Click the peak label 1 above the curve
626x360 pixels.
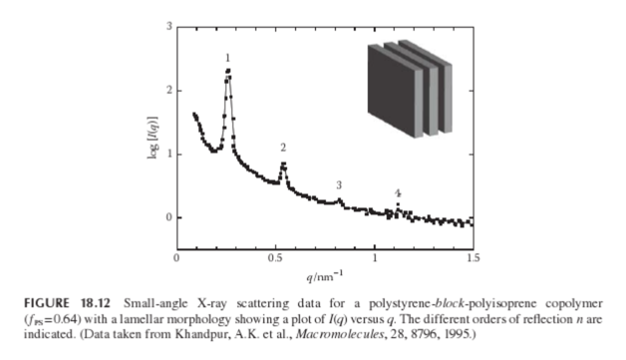pos(227,58)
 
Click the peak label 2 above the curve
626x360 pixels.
pos(283,148)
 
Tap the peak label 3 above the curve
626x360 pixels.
pos(339,185)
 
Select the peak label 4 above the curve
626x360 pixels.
pos(397,193)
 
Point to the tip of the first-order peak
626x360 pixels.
pos(228,70)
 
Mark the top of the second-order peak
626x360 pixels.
pos(283,163)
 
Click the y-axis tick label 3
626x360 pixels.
pos(169,27)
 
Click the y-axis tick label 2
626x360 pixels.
pos(169,91)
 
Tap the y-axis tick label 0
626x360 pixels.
pos(169,217)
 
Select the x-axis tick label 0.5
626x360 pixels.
pos(275,258)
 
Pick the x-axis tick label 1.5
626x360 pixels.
pos(473,258)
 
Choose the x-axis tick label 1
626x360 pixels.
pos(374,258)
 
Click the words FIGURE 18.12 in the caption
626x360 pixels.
pos(67,303)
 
